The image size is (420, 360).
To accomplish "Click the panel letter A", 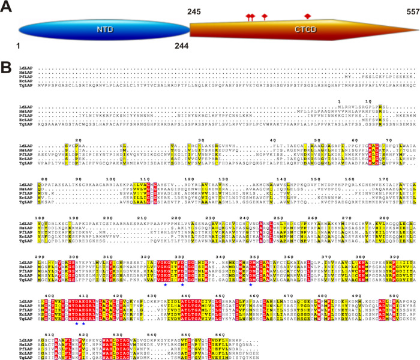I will point(8,7).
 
